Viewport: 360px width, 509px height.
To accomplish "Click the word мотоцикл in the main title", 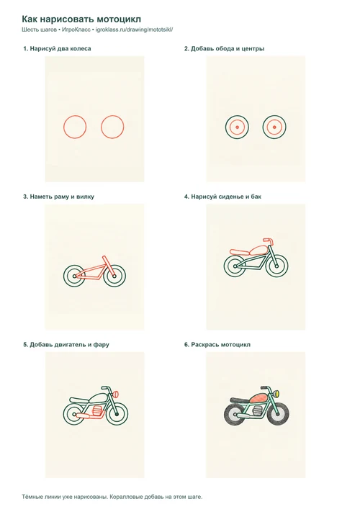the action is [120, 19].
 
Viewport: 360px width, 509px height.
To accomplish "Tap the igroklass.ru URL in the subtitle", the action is [135, 30].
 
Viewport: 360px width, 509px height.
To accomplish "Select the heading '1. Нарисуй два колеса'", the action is [57, 49].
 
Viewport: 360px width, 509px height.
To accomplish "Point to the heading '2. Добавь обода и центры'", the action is [224, 49].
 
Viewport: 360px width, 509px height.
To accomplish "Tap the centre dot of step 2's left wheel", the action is [237, 127].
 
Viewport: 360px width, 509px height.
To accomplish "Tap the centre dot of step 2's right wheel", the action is [274, 127].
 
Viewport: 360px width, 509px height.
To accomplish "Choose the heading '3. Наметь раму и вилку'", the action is [58, 197].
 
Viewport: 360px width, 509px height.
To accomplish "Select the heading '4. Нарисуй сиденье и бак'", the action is [222, 197].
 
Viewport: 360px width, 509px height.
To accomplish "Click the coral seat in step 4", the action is [239, 251].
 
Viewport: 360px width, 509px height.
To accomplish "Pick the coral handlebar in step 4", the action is [268, 240].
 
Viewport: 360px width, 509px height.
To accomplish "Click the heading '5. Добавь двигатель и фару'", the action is [66, 345].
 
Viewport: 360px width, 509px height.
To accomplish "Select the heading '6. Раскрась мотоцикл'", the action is [217, 345].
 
